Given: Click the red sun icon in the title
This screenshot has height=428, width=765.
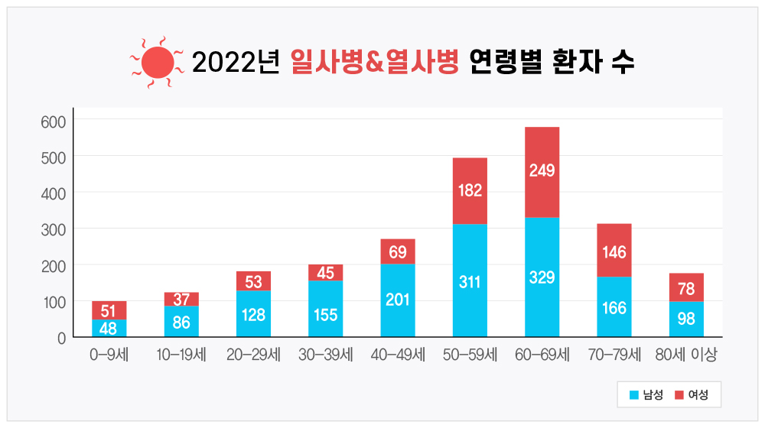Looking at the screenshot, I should [x=158, y=62].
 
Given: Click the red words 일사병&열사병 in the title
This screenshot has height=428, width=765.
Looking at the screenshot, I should [x=374, y=62].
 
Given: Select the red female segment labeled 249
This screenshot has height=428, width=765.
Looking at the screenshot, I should [x=542, y=171].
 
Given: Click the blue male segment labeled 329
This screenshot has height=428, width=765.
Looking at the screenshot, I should [x=542, y=277].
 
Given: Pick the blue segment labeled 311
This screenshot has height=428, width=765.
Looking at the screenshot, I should [x=470, y=280].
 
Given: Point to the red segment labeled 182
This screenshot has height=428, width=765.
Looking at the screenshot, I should [x=470, y=190].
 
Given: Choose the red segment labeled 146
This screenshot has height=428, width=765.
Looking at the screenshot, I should [x=614, y=250].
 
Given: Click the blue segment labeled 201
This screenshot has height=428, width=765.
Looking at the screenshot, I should [x=398, y=300].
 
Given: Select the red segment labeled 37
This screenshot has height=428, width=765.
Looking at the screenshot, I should [x=181, y=299].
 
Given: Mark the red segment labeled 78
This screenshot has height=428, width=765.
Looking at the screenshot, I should [x=686, y=287].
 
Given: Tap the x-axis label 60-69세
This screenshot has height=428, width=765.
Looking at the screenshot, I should [x=542, y=355].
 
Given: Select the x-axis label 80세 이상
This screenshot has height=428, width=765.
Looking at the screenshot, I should [x=686, y=355].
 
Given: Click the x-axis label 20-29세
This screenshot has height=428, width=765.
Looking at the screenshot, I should [x=253, y=355].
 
